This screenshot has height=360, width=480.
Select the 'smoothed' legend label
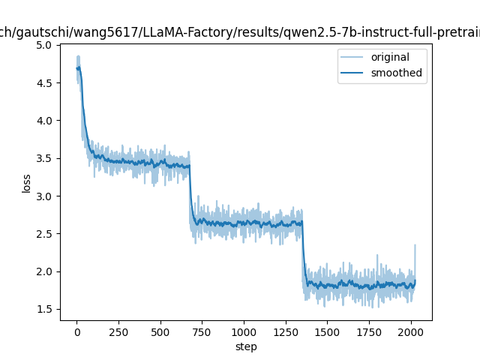point(396,73)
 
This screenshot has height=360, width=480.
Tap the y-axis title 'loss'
point(27,183)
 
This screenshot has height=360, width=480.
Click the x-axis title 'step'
point(246,346)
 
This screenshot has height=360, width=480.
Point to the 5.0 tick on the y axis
point(43,45)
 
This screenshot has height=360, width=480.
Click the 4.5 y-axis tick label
point(43,82)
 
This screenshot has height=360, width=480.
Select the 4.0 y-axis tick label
point(43,121)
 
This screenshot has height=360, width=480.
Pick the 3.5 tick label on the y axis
point(43,158)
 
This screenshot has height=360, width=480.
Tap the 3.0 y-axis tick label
point(43,196)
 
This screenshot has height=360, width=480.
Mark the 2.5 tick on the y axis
point(43,234)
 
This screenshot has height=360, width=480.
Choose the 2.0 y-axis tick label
point(43,271)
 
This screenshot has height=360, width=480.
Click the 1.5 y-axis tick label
point(43,309)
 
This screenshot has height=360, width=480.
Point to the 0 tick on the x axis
point(76,331)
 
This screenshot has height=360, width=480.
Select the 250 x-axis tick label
point(118,331)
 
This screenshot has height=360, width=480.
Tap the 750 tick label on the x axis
point(202,331)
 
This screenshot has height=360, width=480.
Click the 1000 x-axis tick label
point(244,331)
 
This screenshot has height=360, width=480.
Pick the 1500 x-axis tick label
point(327,331)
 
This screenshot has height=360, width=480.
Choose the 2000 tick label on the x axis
point(410,331)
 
